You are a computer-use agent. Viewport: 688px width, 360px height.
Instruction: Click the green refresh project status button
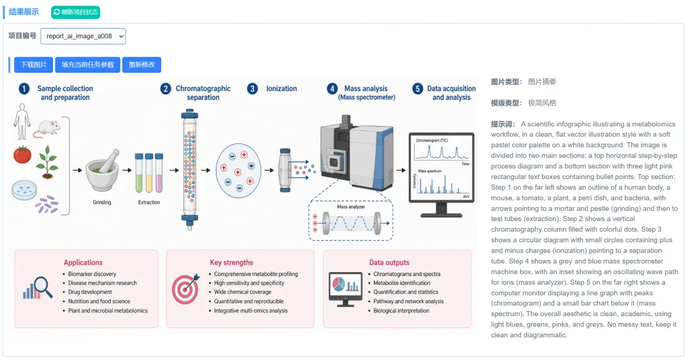[75, 12]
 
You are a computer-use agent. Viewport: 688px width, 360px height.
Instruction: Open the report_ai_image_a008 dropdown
[83, 36]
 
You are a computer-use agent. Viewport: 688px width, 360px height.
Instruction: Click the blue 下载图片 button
[33, 64]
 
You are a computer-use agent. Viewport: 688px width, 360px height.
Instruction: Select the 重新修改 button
[141, 64]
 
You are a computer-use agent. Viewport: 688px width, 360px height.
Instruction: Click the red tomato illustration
[22, 155]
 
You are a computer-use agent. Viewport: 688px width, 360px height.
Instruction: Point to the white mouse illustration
[47, 128]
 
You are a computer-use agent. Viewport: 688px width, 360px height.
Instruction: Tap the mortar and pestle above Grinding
[103, 170]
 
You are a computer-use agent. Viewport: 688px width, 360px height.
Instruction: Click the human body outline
[22, 122]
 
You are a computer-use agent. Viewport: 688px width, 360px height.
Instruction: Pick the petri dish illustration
[24, 190]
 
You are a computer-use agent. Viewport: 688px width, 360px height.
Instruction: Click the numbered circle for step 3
[252, 89]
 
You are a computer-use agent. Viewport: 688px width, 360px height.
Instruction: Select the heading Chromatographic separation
[203, 92]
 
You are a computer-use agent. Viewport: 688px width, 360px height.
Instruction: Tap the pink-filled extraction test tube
[159, 173]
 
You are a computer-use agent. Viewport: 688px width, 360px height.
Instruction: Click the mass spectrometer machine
[356, 152]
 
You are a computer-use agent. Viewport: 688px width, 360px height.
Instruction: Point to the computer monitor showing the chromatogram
[441, 175]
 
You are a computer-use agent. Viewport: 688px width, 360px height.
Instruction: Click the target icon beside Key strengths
[185, 289]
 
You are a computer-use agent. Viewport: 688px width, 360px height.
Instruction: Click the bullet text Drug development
[90, 292]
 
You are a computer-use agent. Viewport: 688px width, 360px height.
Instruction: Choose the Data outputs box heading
[389, 263]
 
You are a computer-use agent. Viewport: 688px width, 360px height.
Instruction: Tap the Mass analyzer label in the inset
[351, 207]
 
